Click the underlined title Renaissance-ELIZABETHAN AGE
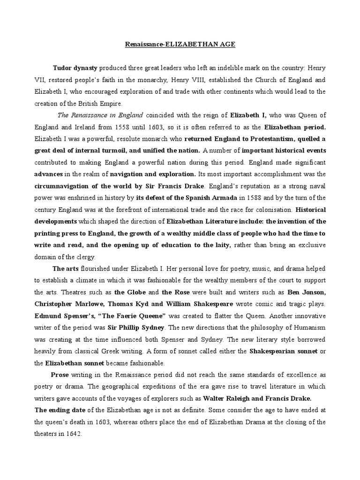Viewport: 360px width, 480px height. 180,45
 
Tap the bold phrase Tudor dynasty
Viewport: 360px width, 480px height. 75,68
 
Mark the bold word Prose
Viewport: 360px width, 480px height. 60,375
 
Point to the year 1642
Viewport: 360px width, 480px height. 74,434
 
